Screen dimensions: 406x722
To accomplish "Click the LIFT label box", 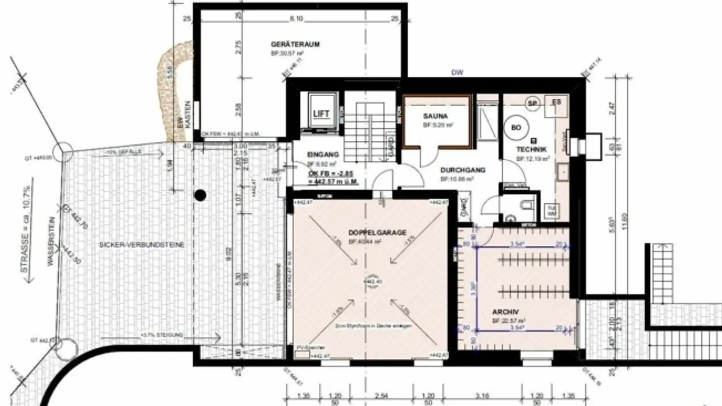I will click(x=321, y=114).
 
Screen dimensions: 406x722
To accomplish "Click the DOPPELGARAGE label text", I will click(x=377, y=233).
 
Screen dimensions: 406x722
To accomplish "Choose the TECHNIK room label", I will click(x=532, y=149).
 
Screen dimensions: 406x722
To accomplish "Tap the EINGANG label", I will click(x=323, y=155).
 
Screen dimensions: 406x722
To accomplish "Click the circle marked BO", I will click(x=516, y=128).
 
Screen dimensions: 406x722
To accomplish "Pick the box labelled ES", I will click(x=557, y=102).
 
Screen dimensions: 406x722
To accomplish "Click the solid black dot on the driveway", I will click(x=200, y=195).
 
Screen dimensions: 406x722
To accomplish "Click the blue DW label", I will click(x=457, y=73).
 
